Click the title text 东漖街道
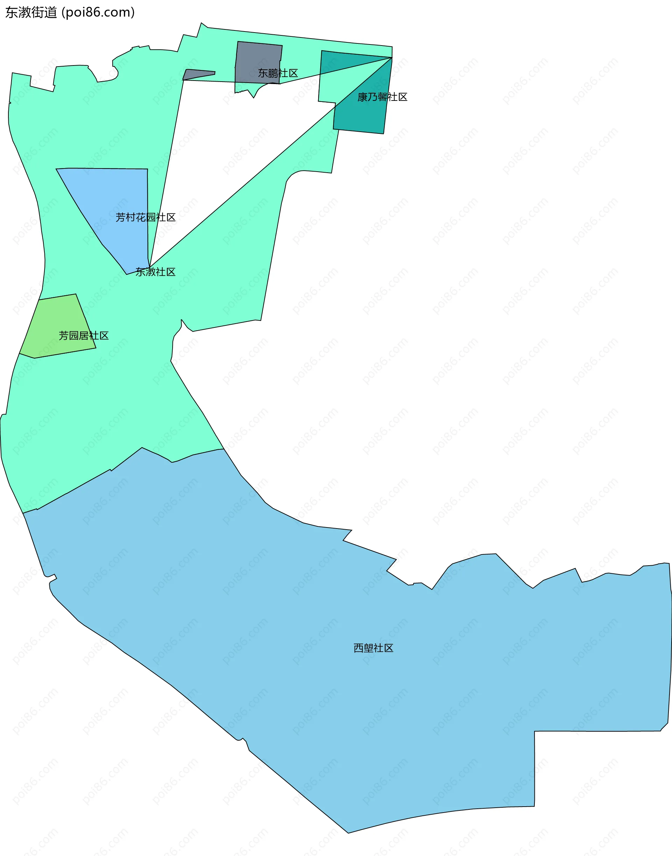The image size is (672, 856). pyautogui.click(x=31, y=13)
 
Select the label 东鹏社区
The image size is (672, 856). pyautogui.click(x=278, y=73)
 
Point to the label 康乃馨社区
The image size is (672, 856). pyautogui.click(x=382, y=97)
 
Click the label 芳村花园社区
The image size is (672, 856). pyautogui.click(x=146, y=218)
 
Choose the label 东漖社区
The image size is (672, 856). pyautogui.click(x=155, y=272)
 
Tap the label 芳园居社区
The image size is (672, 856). pyautogui.click(x=83, y=336)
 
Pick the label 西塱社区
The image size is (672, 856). pyautogui.click(x=373, y=648)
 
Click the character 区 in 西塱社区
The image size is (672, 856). pyautogui.click(x=389, y=648)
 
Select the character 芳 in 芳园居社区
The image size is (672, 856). pyautogui.click(x=64, y=336)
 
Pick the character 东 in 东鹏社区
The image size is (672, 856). pyautogui.click(x=263, y=73)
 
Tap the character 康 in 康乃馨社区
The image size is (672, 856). pyautogui.click(x=362, y=97)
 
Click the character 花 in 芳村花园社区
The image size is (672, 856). pyautogui.click(x=141, y=218)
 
